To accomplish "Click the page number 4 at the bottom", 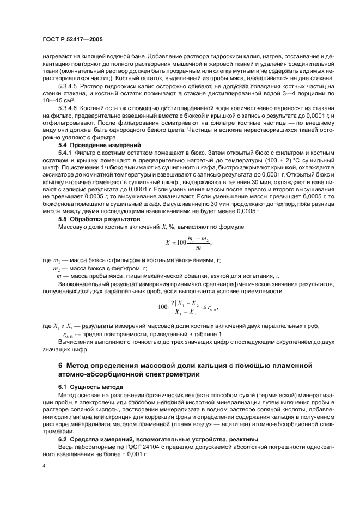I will tap(45, 466).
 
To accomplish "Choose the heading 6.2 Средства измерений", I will tap(133, 438).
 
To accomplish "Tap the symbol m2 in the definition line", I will tap(56, 269).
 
